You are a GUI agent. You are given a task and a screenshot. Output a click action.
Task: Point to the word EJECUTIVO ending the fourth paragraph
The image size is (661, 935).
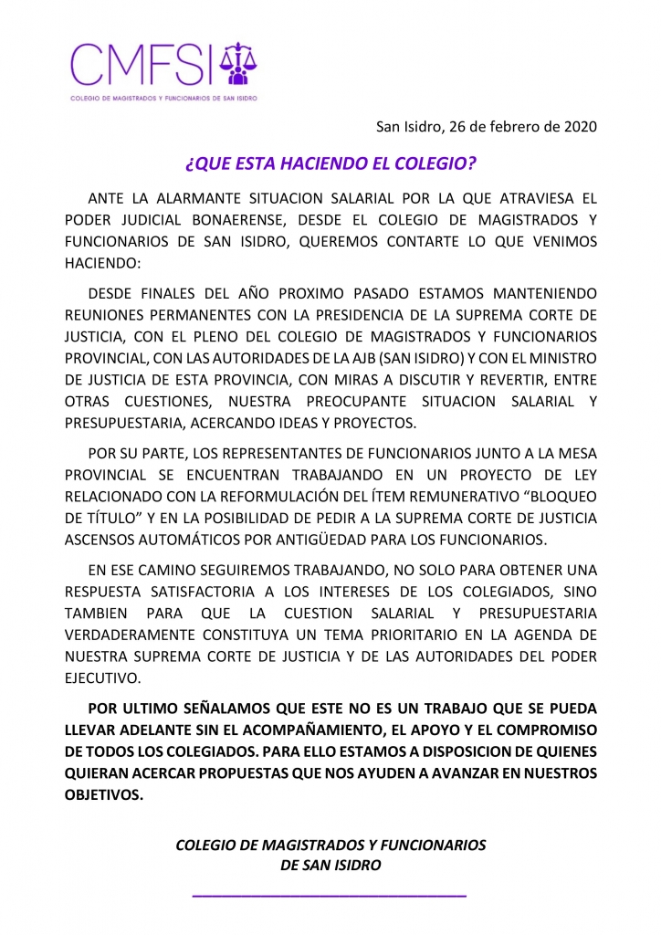[x=103, y=678]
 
